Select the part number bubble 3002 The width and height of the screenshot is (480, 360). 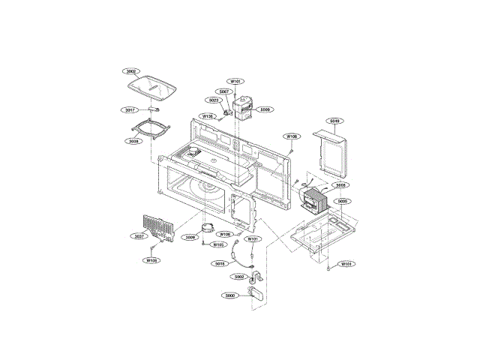[131, 71]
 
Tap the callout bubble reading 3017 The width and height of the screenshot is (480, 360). [131, 109]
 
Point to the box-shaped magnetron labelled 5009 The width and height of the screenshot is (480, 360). [244, 108]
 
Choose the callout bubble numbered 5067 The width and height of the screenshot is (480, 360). [223, 91]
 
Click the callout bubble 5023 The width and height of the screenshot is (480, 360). [214, 100]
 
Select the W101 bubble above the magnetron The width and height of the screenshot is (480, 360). [235, 81]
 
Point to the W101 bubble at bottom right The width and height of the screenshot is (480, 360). [346, 264]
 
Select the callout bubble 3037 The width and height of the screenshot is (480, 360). [139, 237]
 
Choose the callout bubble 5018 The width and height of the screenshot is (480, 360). [220, 263]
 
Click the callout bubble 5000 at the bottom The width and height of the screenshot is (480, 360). [229, 295]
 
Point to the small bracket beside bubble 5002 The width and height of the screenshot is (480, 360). [253, 279]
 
